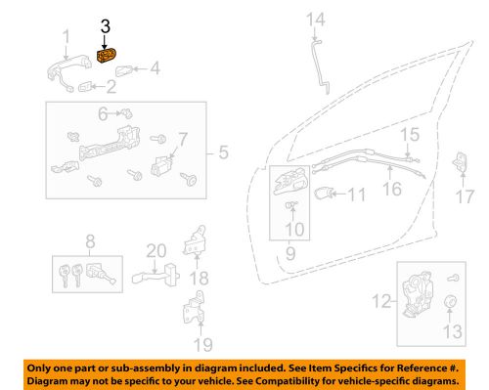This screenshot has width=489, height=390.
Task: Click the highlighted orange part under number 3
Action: (107, 59)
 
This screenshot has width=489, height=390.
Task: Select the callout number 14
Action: (314, 19)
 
